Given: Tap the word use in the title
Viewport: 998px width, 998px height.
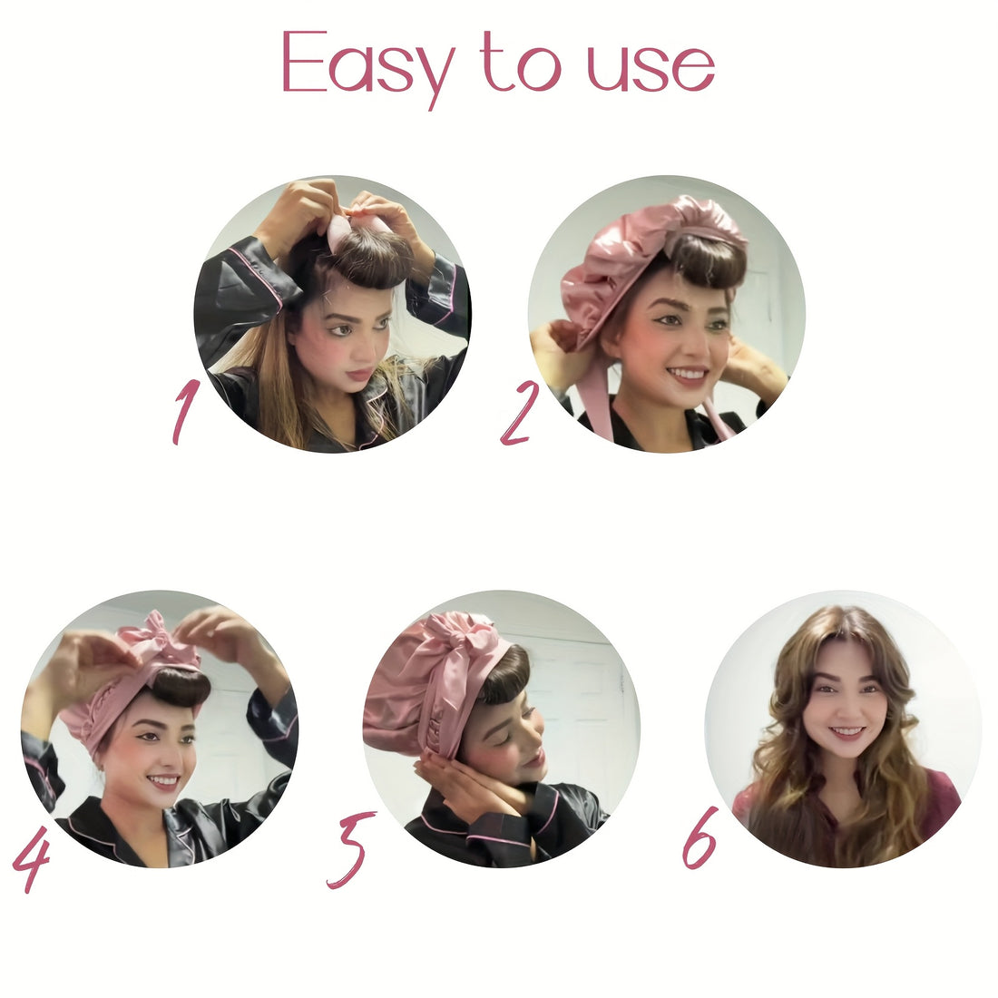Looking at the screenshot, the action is (651, 67).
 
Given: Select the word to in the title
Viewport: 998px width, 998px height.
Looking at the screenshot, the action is (522, 62).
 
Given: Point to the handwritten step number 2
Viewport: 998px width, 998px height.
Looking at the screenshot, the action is (519, 414).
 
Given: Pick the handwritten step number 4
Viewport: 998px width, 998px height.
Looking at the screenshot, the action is (31, 858).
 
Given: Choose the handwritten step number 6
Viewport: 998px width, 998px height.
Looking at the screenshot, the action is (700, 838).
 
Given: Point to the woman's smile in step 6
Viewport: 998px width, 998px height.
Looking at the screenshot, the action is (847, 732).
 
